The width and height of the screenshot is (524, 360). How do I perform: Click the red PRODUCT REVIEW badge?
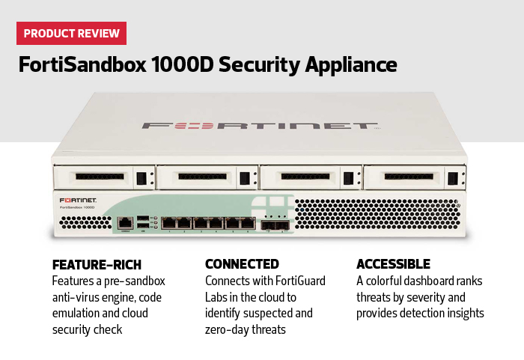coord(72,34)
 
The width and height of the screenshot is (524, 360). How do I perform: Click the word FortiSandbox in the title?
coord(79,65)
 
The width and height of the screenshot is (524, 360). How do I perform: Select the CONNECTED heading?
coord(242,264)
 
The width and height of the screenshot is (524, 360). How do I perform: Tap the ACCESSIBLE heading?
coord(393,264)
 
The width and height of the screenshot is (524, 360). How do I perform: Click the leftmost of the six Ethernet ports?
coord(171,222)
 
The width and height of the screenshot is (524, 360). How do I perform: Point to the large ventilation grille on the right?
coord(378,216)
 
